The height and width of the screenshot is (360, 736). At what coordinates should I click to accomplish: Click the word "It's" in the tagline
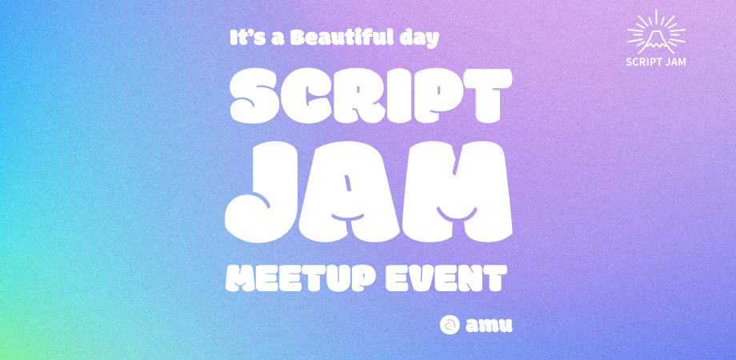pyautogui.click(x=244, y=38)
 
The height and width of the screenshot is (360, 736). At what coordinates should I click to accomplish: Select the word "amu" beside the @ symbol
pyautogui.click(x=488, y=325)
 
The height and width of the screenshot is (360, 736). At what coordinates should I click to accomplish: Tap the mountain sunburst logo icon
pyautogui.click(x=657, y=31)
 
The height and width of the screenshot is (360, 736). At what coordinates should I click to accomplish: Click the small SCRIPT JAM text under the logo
pyautogui.click(x=657, y=61)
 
